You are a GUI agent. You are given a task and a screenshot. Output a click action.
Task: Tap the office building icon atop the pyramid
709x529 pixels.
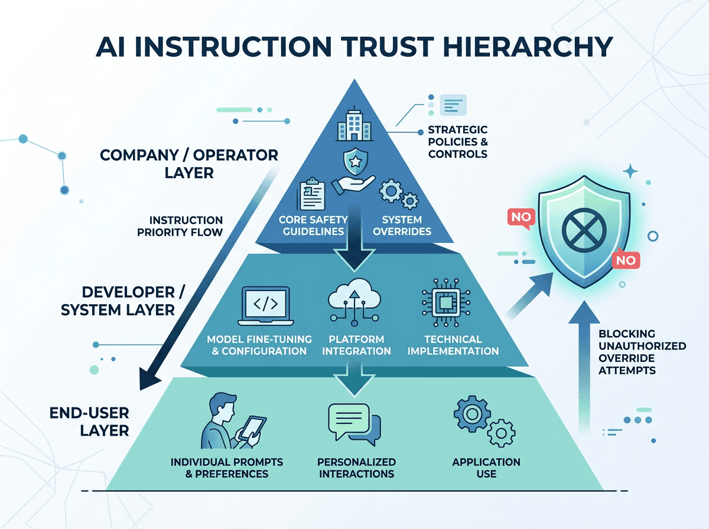[354, 124]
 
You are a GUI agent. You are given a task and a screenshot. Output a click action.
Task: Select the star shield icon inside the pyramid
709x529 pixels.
[355, 161]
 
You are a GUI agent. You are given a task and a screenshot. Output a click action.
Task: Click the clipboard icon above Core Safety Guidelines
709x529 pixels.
[311, 194]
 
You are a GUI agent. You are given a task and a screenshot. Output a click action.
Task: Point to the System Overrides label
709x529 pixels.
[402, 226]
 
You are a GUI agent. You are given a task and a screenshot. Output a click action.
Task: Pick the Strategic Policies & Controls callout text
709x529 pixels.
[458, 142]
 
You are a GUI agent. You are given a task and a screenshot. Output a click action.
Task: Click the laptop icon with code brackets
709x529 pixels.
[265, 306]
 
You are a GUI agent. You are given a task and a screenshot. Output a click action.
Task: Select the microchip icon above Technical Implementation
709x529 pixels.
[445, 303]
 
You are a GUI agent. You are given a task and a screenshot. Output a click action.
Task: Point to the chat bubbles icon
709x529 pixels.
[354, 424]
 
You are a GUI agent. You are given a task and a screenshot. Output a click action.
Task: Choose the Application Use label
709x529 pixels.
[486, 468]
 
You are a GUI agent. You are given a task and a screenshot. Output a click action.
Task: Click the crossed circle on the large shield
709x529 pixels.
[584, 230]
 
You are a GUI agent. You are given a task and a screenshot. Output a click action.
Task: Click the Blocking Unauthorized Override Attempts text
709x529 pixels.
[642, 352]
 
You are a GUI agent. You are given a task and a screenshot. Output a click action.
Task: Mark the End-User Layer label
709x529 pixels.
[89, 422]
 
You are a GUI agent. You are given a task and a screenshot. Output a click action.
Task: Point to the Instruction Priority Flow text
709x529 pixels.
[180, 226]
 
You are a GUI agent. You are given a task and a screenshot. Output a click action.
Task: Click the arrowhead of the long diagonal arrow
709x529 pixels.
[149, 378]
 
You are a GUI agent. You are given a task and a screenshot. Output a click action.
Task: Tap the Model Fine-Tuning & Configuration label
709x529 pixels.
[259, 345]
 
